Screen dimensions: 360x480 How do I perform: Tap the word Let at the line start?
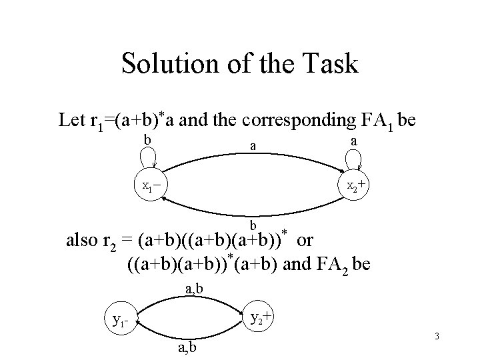(x=71, y=121)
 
